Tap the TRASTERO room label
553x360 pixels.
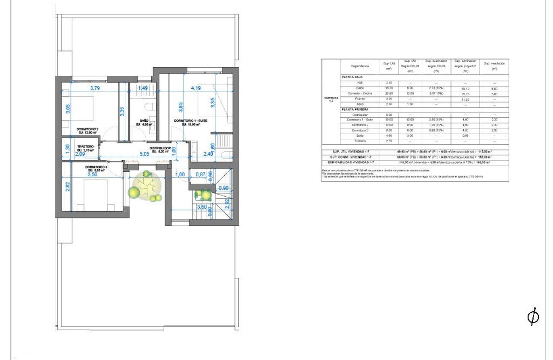click(86, 147)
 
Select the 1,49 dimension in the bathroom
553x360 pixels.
click(143, 88)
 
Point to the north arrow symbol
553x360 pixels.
click(533, 317)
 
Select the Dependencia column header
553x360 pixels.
click(360, 66)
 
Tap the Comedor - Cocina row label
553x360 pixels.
click(360, 93)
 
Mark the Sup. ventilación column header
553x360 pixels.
click(494, 66)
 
